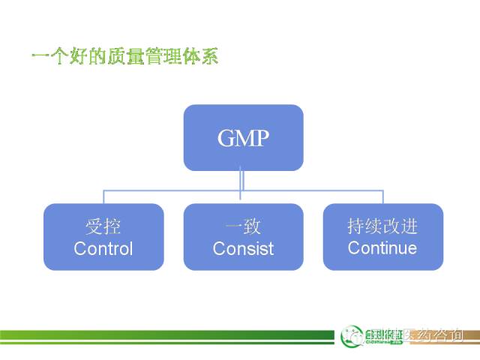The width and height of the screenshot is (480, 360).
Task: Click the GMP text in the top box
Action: point(243,139)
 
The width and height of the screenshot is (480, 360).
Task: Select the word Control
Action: point(103,248)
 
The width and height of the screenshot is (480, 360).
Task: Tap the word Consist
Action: point(243,248)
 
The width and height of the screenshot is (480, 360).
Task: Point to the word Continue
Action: point(382,247)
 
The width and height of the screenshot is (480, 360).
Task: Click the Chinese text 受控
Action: point(103,226)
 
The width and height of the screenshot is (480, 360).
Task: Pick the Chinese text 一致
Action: point(243,226)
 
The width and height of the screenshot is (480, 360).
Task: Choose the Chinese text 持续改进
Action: point(382,226)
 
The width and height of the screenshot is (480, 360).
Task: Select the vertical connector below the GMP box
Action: point(243,180)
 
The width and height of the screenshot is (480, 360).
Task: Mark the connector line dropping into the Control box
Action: point(103,196)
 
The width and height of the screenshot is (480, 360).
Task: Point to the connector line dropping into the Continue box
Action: point(383,196)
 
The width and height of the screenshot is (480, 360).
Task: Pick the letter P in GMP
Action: point(262,139)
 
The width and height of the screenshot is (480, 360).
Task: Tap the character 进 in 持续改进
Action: point(409,226)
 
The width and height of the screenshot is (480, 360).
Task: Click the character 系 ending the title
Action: point(209,56)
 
